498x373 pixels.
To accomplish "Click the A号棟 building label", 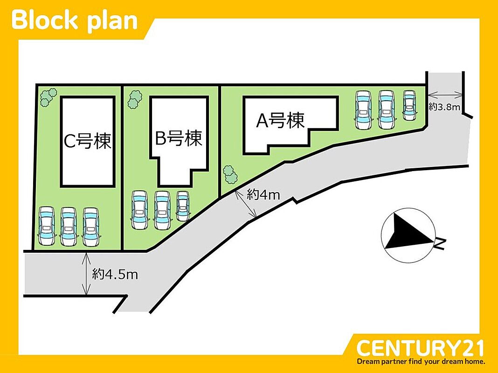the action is pyautogui.click(x=280, y=121).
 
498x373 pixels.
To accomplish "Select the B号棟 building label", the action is pyautogui.click(x=179, y=138).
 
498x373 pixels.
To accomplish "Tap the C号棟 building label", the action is pyautogui.click(x=88, y=141).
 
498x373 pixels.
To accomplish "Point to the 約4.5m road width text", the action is pyautogui.click(x=115, y=274).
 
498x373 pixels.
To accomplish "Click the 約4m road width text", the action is pyautogui.click(x=263, y=194).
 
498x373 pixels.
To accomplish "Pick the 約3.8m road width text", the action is pyautogui.click(x=444, y=107).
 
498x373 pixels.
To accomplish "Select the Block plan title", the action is pyautogui.click(x=74, y=21).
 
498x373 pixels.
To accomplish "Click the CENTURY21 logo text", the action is pyautogui.click(x=420, y=348).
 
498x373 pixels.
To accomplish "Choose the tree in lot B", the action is pyautogui.click(x=135, y=99).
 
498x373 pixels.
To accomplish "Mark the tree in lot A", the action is pyautogui.click(x=230, y=174).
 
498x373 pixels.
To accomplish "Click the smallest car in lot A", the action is pyautogui.click(x=409, y=105).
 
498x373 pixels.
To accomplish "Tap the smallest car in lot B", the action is pyautogui.click(x=183, y=206).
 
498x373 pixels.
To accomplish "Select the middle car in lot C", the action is pyautogui.click(x=69, y=227).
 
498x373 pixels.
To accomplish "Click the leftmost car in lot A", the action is pyautogui.click(x=364, y=110).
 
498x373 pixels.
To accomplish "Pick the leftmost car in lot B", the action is pyautogui.click(x=140, y=210).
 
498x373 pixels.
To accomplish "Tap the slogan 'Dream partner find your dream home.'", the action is pyautogui.click(x=421, y=361).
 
